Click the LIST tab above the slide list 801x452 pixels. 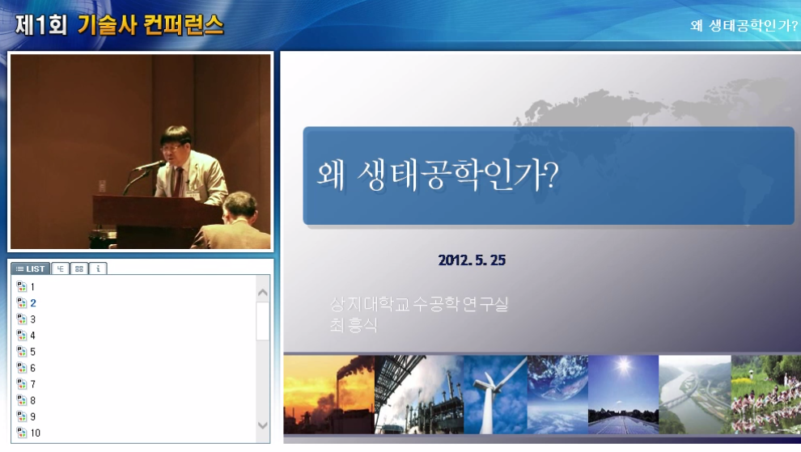click(x=31, y=268)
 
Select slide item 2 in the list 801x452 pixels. click(x=32, y=303)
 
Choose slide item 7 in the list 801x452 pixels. click(x=32, y=384)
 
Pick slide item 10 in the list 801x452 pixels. click(x=35, y=433)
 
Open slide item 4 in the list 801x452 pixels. click(x=32, y=336)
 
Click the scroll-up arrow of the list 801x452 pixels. click(x=263, y=292)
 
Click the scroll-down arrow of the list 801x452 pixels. click(x=263, y=425)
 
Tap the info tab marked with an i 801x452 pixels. click(x=98, y=268)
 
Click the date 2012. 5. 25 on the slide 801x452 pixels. click(x=472, y=260)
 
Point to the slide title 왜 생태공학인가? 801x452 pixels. click(x=437, y=175)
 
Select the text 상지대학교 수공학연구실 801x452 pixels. click(x=419, y=305)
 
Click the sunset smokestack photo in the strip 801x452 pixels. click(x=328, y=395)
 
